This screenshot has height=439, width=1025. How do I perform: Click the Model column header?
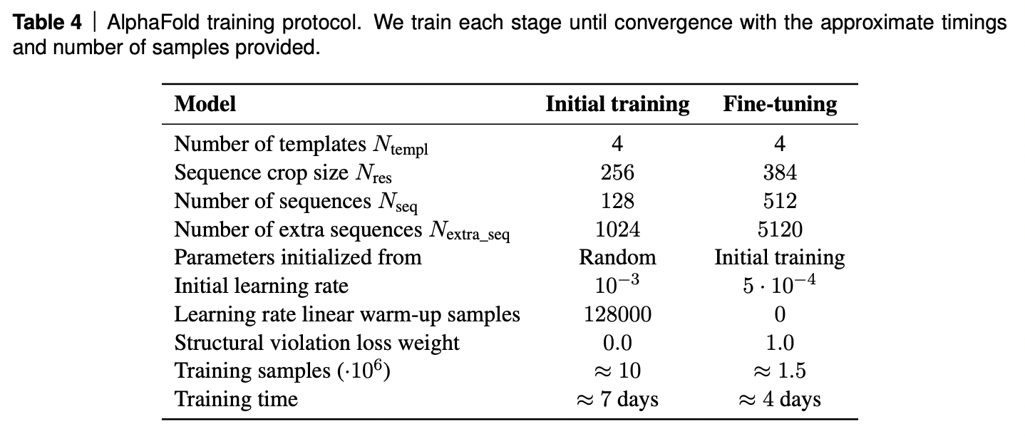point(205,104)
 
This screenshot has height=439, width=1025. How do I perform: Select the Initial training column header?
point(617,104)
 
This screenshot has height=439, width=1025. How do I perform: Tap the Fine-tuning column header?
point(780,104)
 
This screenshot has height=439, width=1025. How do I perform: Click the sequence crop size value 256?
point(617,172)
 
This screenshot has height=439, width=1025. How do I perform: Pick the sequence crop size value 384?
point(780,172)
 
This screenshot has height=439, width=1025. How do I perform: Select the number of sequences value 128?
point(617,201)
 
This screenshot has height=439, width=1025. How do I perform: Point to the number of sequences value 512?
point(780,201)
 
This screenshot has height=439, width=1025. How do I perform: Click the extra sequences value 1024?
point(617,229)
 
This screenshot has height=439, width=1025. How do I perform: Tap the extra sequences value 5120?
point(780,229)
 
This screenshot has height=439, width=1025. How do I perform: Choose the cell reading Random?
point(617,257)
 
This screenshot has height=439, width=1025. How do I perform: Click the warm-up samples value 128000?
point(617,314)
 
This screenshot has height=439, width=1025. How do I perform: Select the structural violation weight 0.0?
point(617,343)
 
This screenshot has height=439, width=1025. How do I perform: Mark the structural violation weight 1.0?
point(780,343)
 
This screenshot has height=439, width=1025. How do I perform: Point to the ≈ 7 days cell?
point(617,399)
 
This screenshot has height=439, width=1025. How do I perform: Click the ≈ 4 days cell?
point(780,399)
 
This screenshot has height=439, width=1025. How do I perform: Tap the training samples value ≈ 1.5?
point(780,371)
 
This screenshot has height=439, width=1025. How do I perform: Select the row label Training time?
point(236,399)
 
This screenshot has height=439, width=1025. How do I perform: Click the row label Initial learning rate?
point(262,286)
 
